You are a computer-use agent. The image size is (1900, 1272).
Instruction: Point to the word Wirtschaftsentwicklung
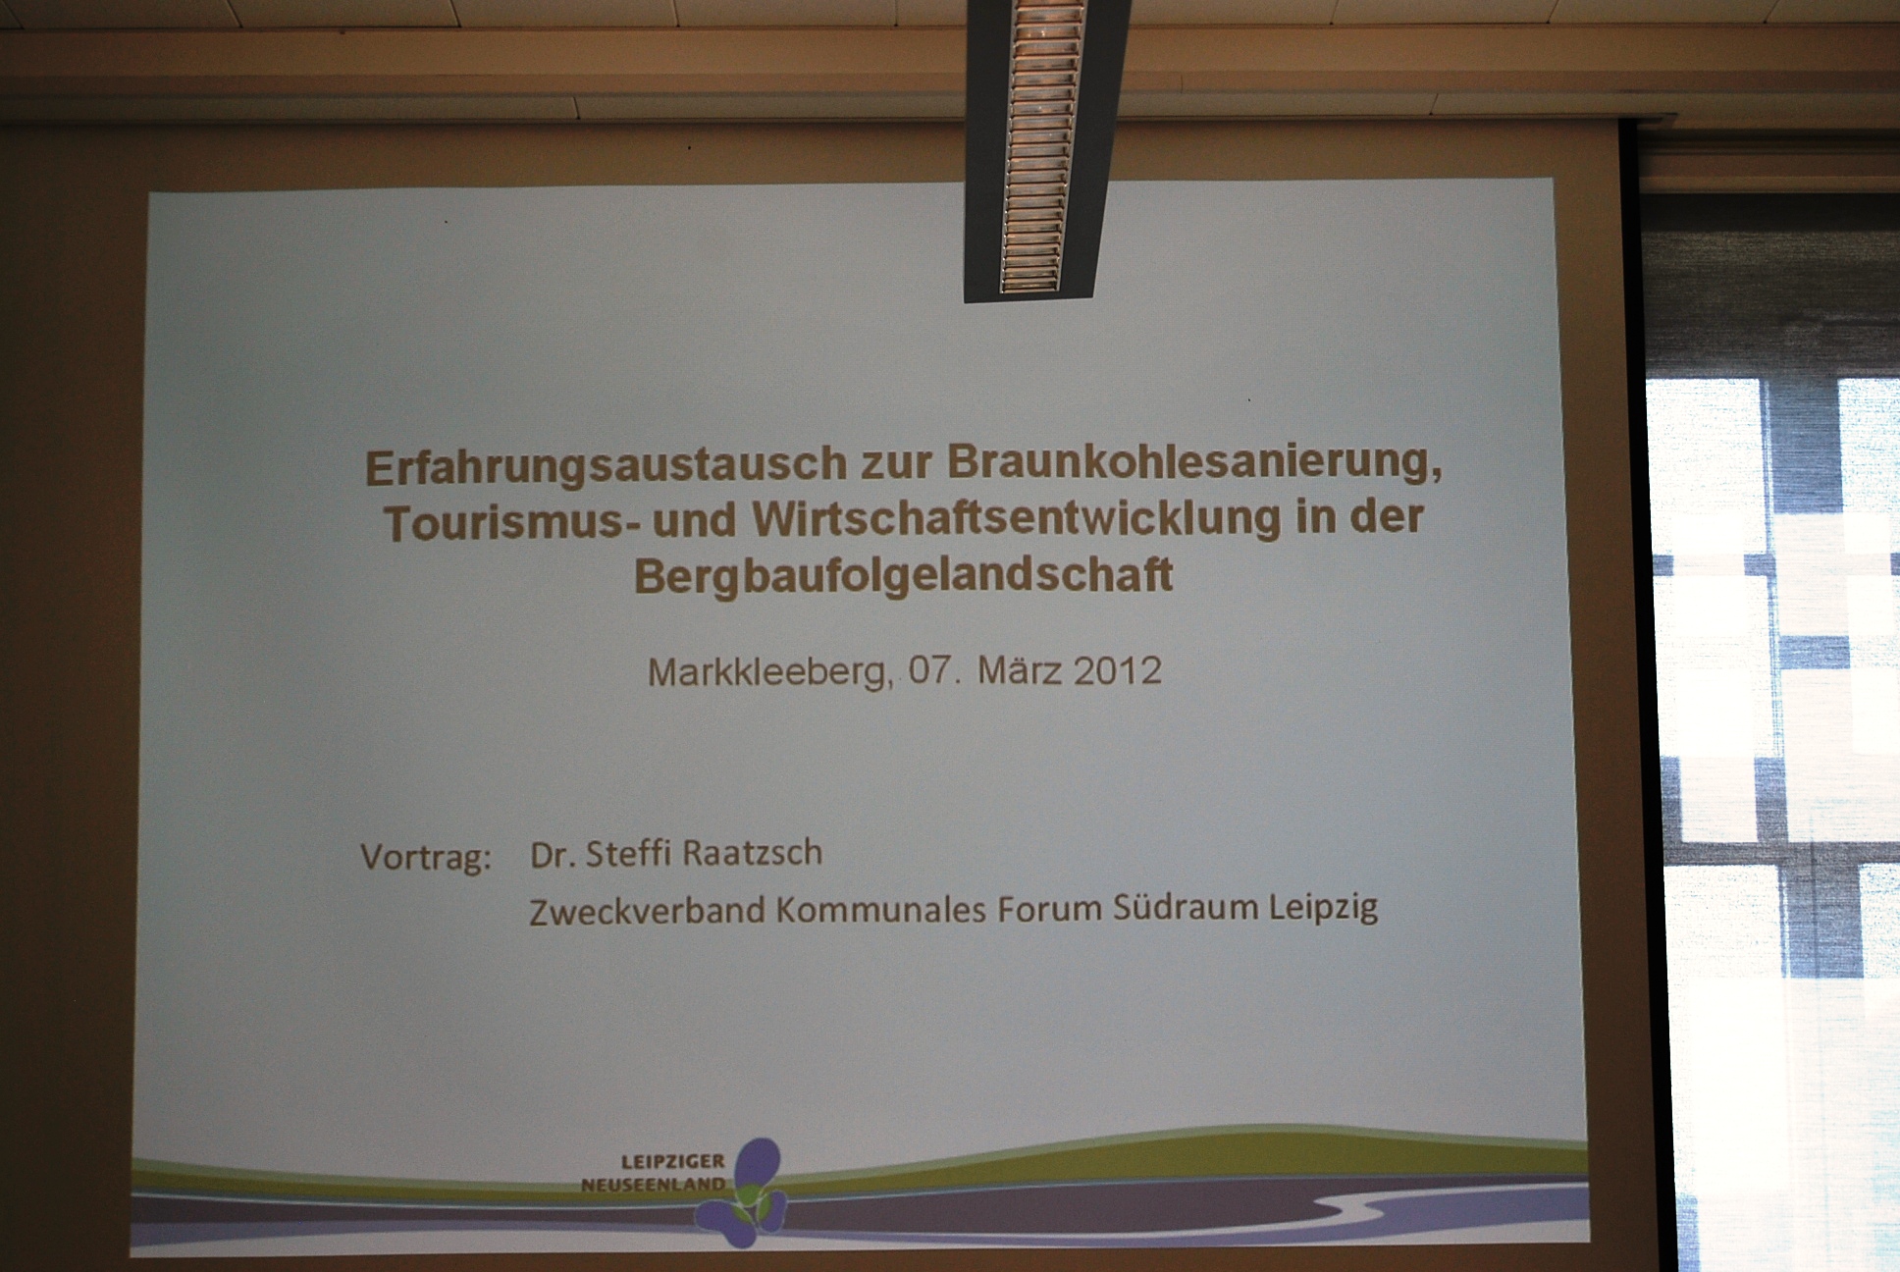pyautogui.click(x=1017, y=519)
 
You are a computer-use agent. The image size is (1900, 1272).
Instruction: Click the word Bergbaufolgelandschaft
pyautogui.click(x=904, y=575)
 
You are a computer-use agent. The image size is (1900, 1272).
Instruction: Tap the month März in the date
pyautogui.click(x=1020, y=670)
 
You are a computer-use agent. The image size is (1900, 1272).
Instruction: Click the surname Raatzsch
pyautogui.click(x=752, y=853)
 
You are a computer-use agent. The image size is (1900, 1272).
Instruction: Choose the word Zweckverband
pyautogui.click(x=647, y=910)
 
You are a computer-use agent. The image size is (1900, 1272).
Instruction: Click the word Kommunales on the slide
pyautogui.click(x=881, y=909)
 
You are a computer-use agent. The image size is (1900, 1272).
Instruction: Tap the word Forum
pyautogui.click(x=1050, y=908)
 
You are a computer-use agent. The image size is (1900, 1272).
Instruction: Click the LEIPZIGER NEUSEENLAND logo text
pyautogui.click(x=654, y=1173)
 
